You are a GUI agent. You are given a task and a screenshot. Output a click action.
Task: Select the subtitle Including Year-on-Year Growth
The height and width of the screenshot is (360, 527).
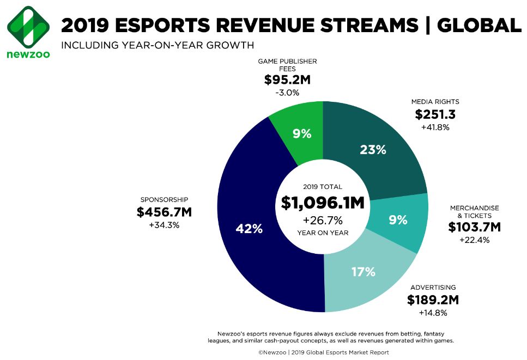(158, 45)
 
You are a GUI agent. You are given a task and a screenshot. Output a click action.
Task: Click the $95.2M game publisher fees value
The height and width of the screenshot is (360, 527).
(287, 80)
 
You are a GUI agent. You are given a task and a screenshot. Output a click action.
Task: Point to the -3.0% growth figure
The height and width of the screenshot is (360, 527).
(287, 93)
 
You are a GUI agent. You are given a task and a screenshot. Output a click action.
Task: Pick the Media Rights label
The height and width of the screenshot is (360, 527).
(435, 101)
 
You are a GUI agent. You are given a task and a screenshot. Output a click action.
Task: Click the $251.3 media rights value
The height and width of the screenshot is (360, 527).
(435, 114)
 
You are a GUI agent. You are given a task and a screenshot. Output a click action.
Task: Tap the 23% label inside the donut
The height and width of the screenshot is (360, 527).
(373, 150)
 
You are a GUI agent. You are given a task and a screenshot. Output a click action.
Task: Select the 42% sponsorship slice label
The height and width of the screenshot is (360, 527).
(249, 229)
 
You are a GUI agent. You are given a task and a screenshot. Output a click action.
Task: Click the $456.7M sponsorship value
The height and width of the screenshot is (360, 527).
(164, 212)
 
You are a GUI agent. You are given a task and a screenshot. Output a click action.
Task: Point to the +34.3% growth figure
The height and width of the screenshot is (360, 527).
(164, 225)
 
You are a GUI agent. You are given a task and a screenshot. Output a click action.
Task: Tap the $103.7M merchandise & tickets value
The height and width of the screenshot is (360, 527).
(474, 227)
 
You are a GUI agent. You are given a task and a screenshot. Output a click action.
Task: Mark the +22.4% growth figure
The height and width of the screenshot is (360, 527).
(474, 240)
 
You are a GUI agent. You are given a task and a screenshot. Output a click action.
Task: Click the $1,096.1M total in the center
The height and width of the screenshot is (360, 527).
(323, 203)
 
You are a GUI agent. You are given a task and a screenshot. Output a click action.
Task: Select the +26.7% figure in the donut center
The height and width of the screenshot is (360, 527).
(323, 220)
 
